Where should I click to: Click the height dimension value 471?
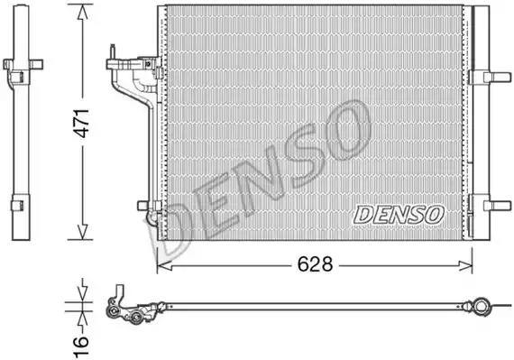click(x=81, y=124)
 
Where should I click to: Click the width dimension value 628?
click(x=315, y=264)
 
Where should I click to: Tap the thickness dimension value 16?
click(x=80, y=346)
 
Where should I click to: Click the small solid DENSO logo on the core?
click(x=399, y=215)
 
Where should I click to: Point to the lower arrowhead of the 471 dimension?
click(x=82, y=232)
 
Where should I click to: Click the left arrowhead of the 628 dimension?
click(x=164, y=265)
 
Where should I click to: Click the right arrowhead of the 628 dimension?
click(x=465, y=265)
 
